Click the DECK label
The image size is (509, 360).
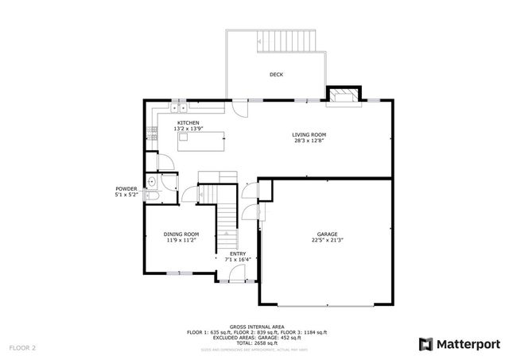pos(276,75)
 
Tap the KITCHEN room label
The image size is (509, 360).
pos(188,122)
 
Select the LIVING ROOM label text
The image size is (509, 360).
pos(308,135)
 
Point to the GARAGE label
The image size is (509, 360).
pos(328,234)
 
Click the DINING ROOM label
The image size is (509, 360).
pos(181,234)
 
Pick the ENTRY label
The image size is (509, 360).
pos(238,254)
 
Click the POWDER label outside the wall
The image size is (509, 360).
pos(126,188)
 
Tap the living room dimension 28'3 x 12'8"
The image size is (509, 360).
pos(308,141)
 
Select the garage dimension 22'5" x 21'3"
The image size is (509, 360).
pos(328,241)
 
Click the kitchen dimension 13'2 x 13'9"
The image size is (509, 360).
pos(188,129)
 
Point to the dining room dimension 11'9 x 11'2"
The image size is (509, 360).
pos(181,240)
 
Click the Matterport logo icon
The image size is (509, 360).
pos(425,344)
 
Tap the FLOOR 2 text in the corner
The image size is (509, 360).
pos(22,347)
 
